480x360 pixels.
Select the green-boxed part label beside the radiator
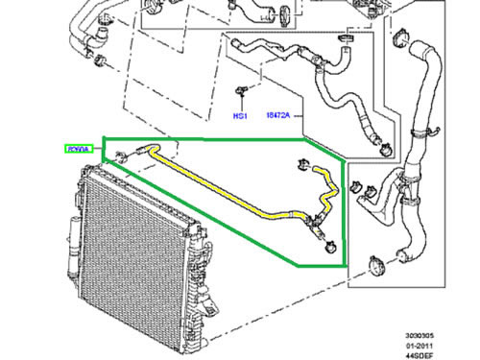pyautogui.click(x=77, y=149)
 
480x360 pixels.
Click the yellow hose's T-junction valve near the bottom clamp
pyautogui.click(x=314, y=228)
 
